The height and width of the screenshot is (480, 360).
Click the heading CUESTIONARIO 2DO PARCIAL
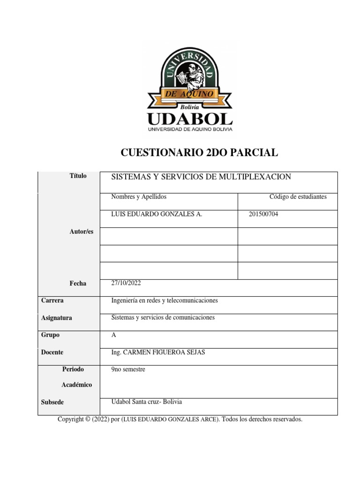pos(200,152)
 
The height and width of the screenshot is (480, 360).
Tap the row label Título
pos(78,176)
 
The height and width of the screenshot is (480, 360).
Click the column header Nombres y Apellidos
pos(138,197)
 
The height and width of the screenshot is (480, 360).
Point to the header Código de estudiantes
pos(298,197)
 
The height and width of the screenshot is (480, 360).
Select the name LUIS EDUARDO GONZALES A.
pos(157,214)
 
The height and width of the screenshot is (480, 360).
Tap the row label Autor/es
pos(81,232)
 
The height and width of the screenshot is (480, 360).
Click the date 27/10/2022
pos(126,283)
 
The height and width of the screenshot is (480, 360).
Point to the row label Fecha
pos(78,283)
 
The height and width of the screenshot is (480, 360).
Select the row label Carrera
pos(52,300)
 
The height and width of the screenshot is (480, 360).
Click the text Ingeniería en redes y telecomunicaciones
pos(165,300)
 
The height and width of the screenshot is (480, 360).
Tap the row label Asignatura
pos(57,318)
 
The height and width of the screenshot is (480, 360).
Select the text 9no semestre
pos(128,369)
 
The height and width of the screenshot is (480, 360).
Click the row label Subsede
pos(52,402)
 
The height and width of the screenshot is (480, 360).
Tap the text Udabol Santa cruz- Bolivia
pos(147,402)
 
